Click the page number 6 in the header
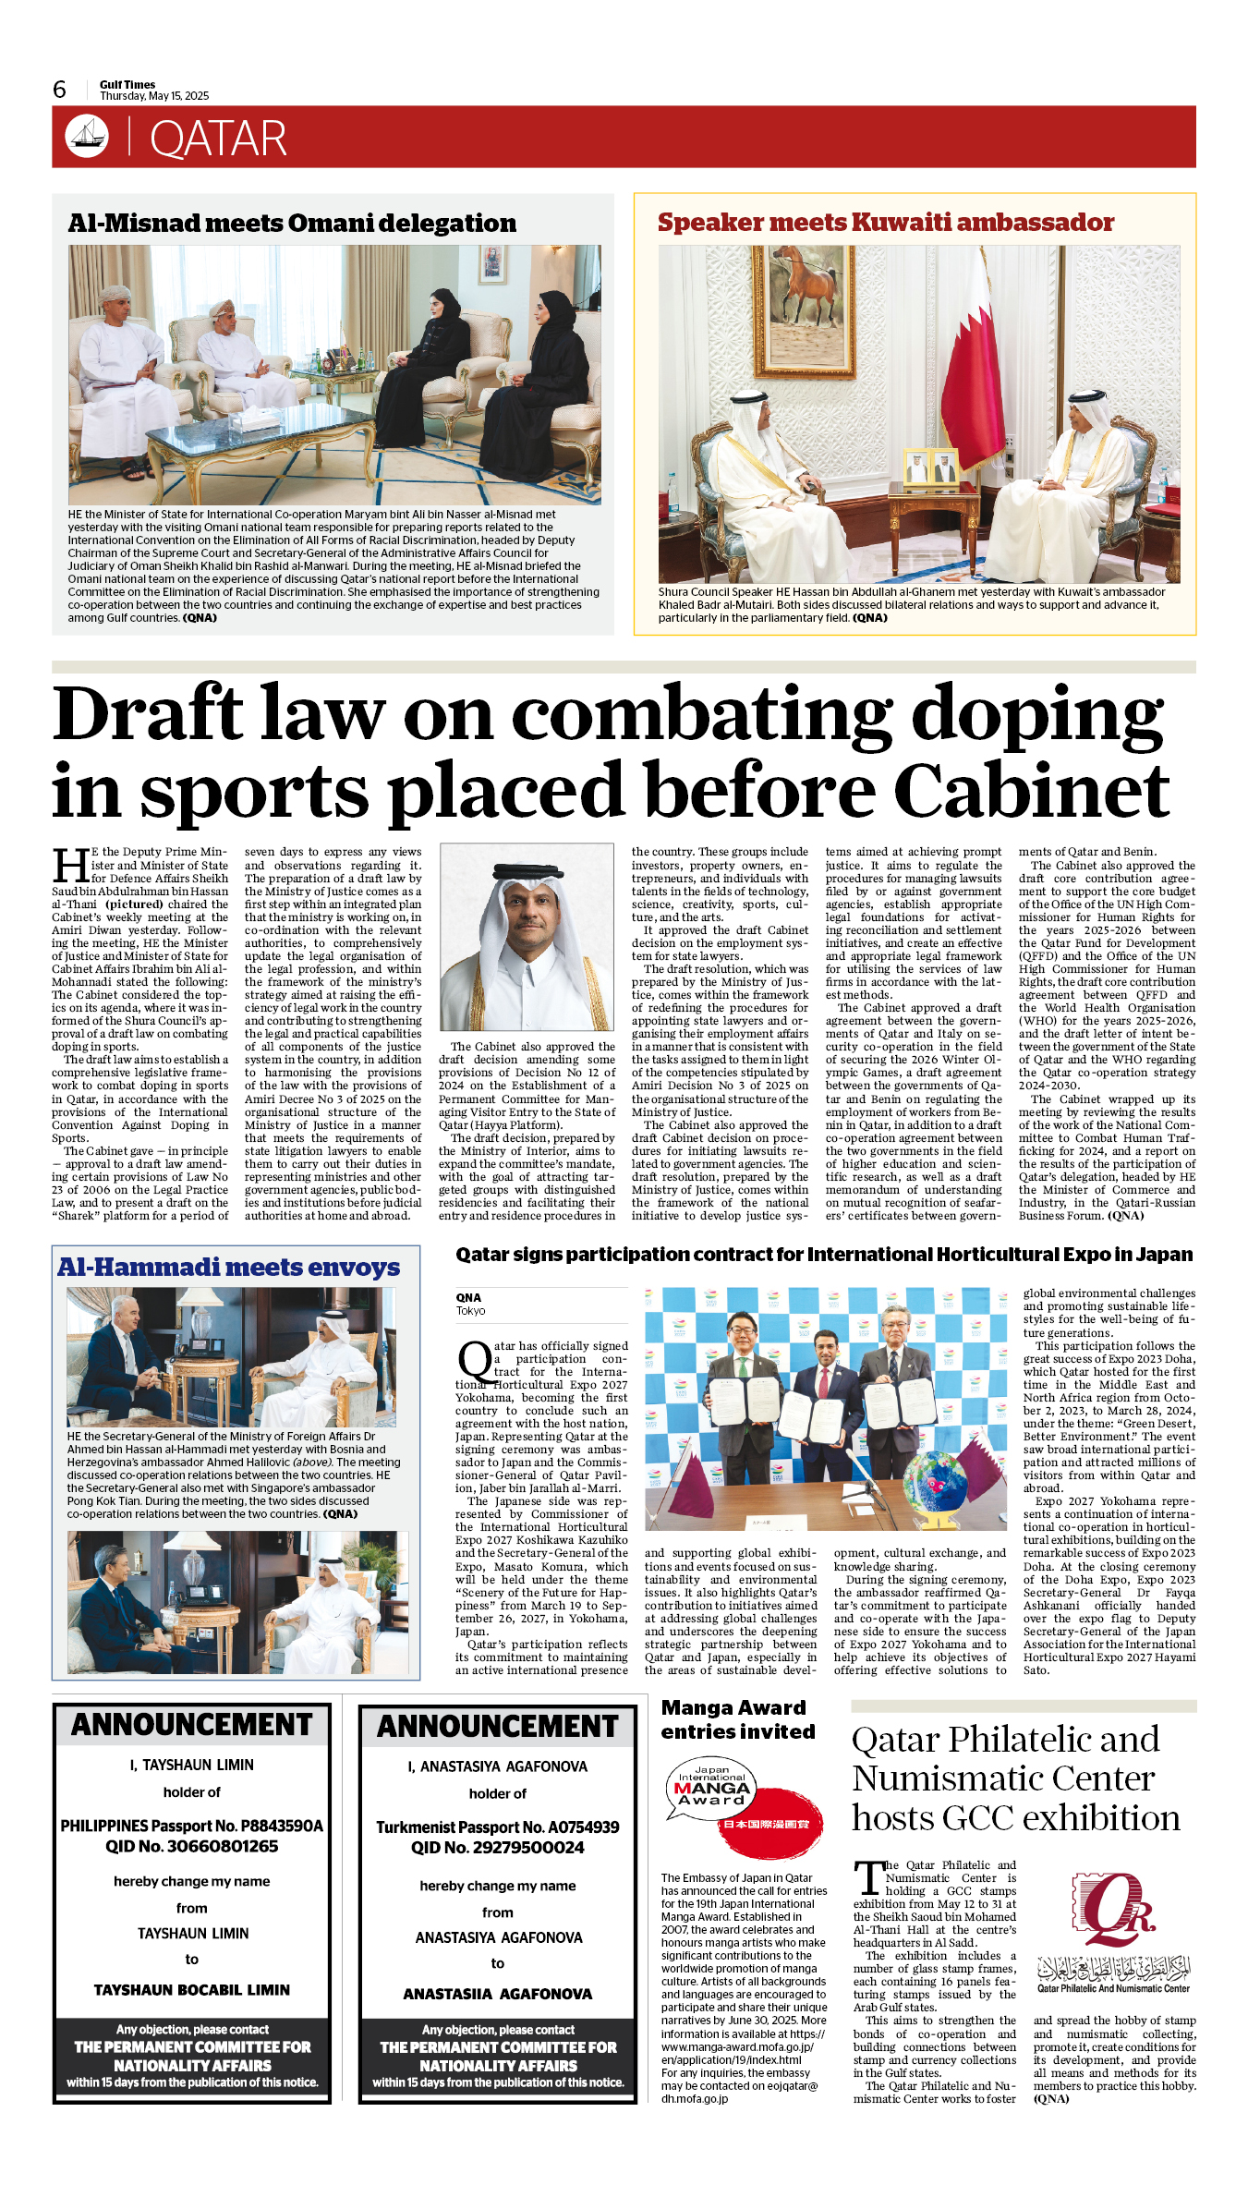coord(60,90)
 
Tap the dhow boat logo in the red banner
coord(87,136)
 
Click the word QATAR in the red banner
coord(218,139)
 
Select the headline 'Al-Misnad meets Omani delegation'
coord(292,224)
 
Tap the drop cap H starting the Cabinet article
coord(70,867)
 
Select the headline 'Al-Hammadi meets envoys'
coord(229,1268)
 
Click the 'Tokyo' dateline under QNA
coord(470,1311)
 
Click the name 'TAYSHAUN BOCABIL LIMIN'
coord(192,1989)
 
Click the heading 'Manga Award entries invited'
coord(737,1719)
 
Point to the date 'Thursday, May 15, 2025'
coord(154,96)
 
